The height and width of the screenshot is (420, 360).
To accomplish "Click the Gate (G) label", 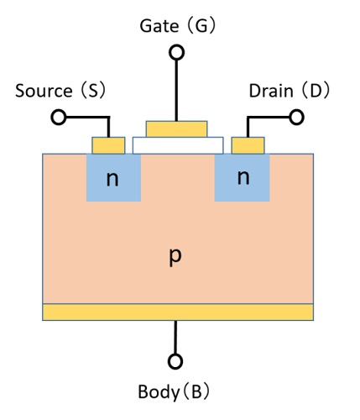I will (178, 26).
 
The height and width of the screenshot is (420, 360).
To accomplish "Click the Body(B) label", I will (174, 391).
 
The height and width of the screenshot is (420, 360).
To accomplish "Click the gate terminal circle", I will (176, 52).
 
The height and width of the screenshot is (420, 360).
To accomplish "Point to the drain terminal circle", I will (295, 117).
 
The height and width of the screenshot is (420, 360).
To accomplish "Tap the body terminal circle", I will (175, 362).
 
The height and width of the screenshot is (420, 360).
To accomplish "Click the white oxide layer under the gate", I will (178, 145).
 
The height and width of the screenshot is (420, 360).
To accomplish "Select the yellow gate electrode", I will (176, 129).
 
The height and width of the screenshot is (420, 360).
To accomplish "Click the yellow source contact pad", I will (108, 145).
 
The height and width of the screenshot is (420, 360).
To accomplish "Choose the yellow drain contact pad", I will (247, 145).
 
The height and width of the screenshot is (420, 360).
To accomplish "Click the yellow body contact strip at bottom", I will (178, 312).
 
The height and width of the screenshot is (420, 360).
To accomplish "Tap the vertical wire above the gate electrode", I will (176, 89).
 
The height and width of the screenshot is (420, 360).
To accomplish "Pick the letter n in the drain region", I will (243, 178).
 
